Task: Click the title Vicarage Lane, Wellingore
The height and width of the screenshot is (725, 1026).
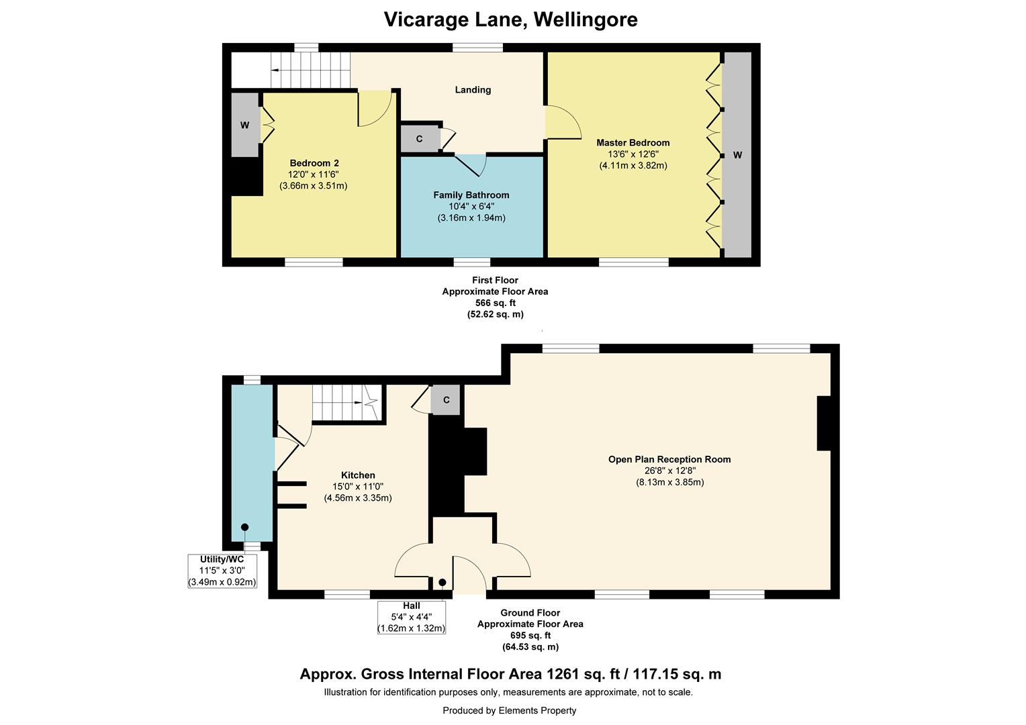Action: pyautogui.click(x=510, y=19)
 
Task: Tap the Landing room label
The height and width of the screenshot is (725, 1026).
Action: pyautogui.click(x=473, y=90)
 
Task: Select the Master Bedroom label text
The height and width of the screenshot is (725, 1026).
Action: pyautogui.click(x=633, y=142)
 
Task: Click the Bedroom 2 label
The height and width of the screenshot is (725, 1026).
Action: pyautogui.click(x=314, y=163)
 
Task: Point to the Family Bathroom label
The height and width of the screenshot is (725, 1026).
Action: pyautogui.click(x=471, y=195)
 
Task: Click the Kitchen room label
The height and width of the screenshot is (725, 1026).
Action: pyautogui.click(x=357, y=475)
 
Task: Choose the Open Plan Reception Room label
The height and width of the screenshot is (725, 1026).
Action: pyautogui.click(x=669, y=460)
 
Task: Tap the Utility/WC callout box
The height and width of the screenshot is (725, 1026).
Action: pyautogui.click(x=222, y=571)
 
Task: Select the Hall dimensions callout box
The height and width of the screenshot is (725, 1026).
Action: pyautogui.click(x=411, y=617)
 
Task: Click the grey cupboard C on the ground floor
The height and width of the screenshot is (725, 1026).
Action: pyautogui.click(x=446, y=400)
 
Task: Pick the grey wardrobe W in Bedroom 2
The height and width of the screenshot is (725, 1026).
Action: pyautogui.click(x=245, y=125)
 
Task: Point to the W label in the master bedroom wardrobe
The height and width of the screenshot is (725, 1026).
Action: pyautogui.click(x=737, y=155)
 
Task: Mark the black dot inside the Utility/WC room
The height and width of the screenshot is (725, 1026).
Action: pyautogui.click(x=245, y=527)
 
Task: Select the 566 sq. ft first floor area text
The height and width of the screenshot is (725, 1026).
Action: pyautogui.click(x=495, y=303)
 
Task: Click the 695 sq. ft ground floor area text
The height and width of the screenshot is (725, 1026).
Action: pyautogui.click(x=530, y=636)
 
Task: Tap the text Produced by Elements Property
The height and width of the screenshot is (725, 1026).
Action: pyautogui.click(x=509, y=710)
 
